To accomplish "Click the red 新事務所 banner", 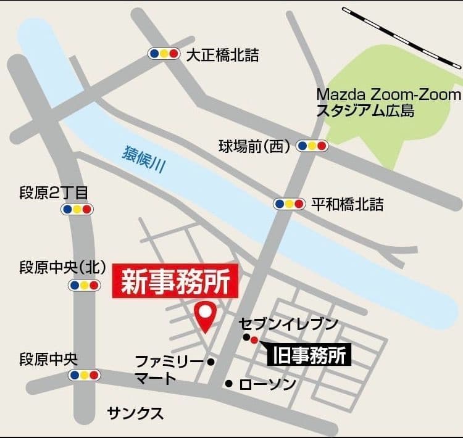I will (175, 282).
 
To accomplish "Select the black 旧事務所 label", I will (309, 355).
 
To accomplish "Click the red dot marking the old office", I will (254, 339).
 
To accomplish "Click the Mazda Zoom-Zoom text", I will (388, 94).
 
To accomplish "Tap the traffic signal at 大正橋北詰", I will (164, 54).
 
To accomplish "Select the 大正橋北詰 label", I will (222, 56).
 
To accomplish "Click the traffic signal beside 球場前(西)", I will (312, 146).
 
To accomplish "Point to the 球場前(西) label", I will (254, 146).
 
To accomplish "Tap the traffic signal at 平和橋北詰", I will (290, 204).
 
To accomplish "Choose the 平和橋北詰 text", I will (347, 204).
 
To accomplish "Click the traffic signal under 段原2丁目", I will (77, 209).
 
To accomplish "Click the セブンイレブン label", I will (289, 324).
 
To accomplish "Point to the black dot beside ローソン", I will (229, 384).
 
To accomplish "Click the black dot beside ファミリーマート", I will (211, 362).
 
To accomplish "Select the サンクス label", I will (135, 413).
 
